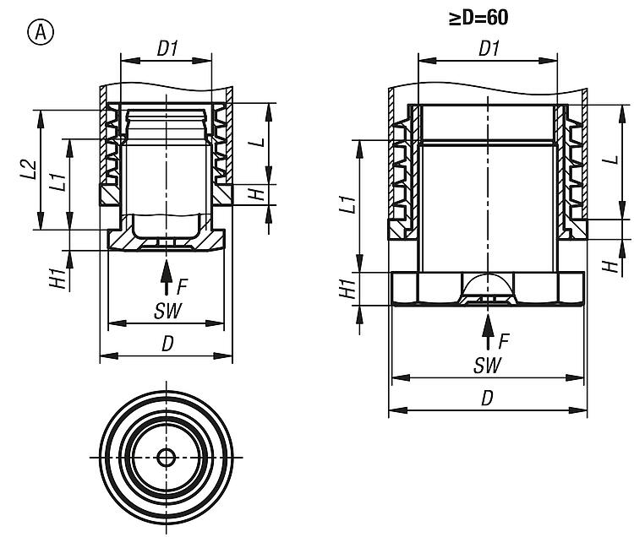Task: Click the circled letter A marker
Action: coord(41,32)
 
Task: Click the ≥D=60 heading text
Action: coord(478,19)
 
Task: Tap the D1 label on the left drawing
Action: coord(167,49)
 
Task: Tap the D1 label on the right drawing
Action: coord(489,48)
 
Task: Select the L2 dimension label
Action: coord(29,170)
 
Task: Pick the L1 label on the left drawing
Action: coord(57,182)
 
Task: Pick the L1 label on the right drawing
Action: coord(347,204)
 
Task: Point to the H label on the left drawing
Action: coord(256,194)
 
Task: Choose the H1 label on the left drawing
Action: coord(57,278)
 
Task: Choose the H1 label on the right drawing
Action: coord(347,288)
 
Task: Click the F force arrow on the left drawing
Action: coord(166,278)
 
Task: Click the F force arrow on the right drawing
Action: coord(488,332)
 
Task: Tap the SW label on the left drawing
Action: coord(168,311)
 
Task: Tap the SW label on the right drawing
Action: coord(487,366)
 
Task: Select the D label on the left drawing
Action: coord(167,344)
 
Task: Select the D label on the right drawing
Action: coord(488,399)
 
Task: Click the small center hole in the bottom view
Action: coord(166,458)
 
